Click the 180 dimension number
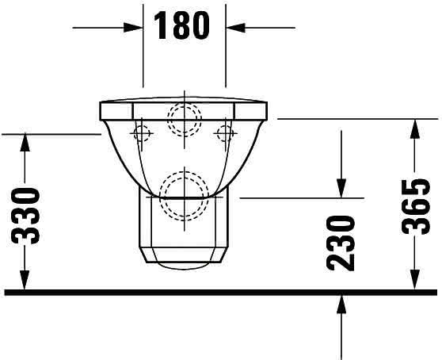(x=182, y=25)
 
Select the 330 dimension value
(x=25, y=216)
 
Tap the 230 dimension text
(x=341, y=243)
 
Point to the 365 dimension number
(x=416, y=206)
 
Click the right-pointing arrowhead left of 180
(x=133, y=28)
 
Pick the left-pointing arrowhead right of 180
(x=236, y=28)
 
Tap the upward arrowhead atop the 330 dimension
(x=25, y=143)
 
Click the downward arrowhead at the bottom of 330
(x=25, y=280)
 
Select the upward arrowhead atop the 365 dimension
(x=414, y=128)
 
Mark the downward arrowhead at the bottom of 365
(x=414, y=280)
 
